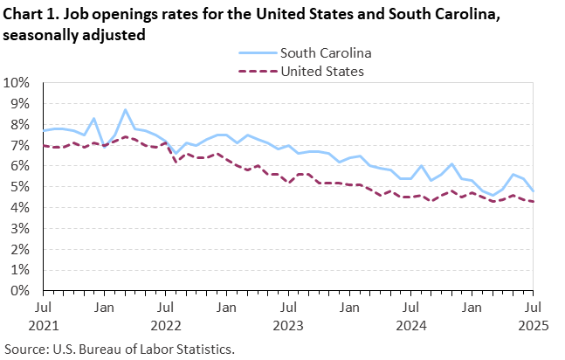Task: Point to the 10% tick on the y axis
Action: coord(17,83)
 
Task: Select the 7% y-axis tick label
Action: coord(20,145)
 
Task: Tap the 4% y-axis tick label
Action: coord(20,207)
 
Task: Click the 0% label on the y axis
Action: coord(20,290)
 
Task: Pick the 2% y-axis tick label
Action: coord(20,249)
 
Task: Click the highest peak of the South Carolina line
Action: coord(126,110)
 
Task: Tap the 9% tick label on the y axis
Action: coord(20,104)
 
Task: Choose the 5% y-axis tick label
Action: coord(20,187)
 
